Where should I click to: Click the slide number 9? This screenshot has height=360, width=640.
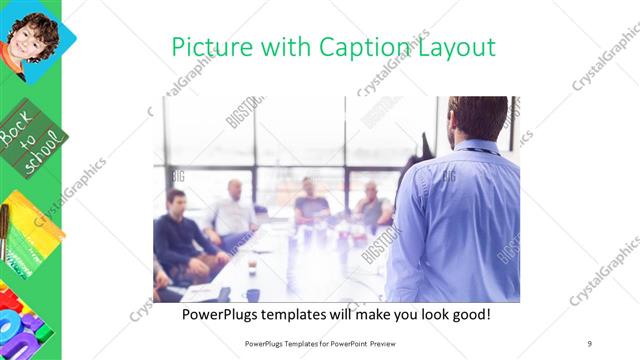click(x=589, y=343)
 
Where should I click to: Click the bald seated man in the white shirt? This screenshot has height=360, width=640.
click(x=234, y=210)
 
